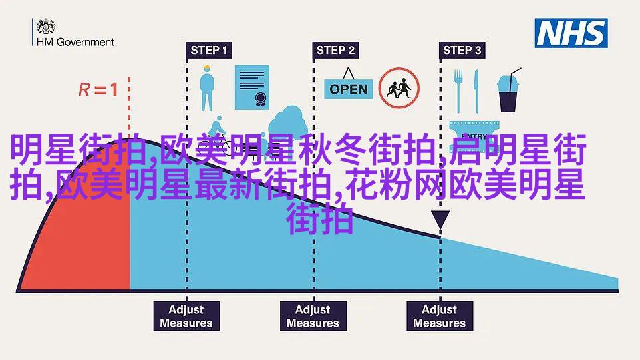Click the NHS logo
[571, 33]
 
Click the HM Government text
[75, 41]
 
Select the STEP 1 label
[208, 50]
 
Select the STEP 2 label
[335, 50]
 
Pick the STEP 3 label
[461, 50]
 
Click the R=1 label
[98, 89]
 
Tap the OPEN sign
[349, 89]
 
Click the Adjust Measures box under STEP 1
[186, 316]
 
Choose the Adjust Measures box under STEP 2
[313, 316]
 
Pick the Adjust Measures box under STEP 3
[439, 316]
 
